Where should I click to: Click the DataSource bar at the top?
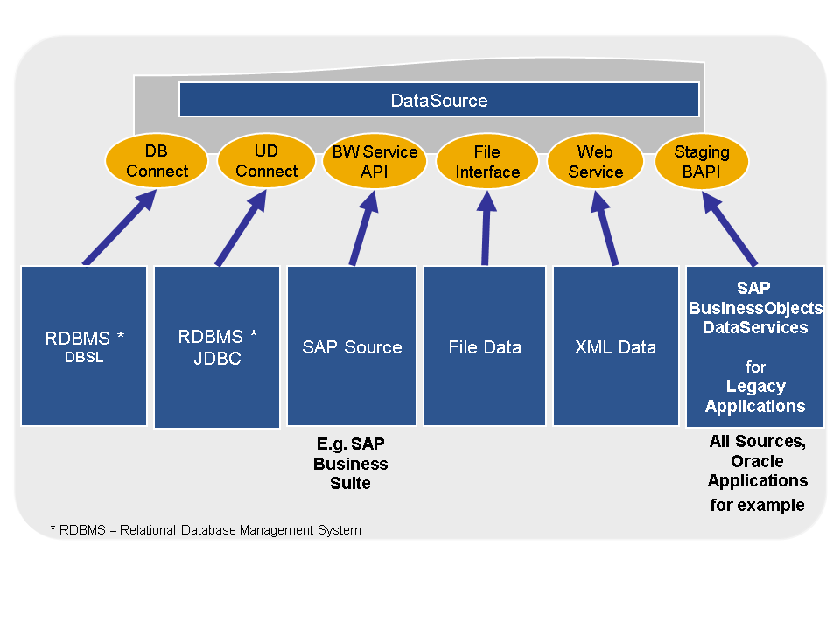coord(439,100)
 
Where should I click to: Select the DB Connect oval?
coord(157,161)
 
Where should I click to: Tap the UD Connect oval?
coord(266,161)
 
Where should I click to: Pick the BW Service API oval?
coord(374,161)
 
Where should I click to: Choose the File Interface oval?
coord(487,161)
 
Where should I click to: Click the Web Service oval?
coord(595,161)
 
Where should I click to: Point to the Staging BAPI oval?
coord(701,161)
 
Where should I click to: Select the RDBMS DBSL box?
coord(84,346)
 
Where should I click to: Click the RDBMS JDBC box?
coord(217,347)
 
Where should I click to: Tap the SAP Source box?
coord(352,346)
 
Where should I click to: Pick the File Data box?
coord(485,346)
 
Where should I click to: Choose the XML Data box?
coord(615,346)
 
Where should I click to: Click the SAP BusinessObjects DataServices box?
coord(755,346)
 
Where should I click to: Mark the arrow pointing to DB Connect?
coord(120,227)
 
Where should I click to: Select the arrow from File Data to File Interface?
coord(486,228)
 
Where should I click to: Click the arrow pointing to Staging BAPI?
coord(730,228)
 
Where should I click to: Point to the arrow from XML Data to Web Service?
coord(605,228)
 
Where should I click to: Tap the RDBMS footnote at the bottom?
coord(206,530)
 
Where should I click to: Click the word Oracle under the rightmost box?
coord(757,461)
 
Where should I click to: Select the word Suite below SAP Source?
coord(350,483)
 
